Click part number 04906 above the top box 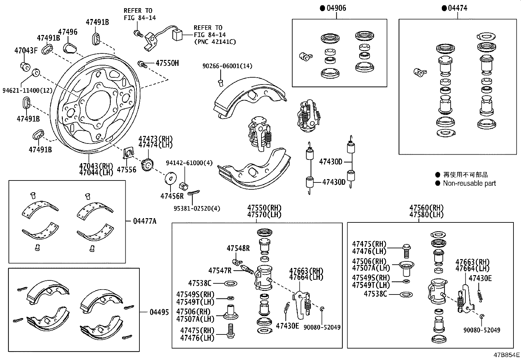336,8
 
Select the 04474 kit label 458,8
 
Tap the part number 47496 68,32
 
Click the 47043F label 26,50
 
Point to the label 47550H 167,63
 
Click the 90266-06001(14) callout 227,66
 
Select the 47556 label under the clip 126,170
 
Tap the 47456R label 172,196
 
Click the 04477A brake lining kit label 145,221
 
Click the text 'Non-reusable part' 469,183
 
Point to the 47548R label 238,248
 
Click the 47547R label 220,271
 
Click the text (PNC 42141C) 215,42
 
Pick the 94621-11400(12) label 27,90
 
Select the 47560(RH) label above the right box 426,208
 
